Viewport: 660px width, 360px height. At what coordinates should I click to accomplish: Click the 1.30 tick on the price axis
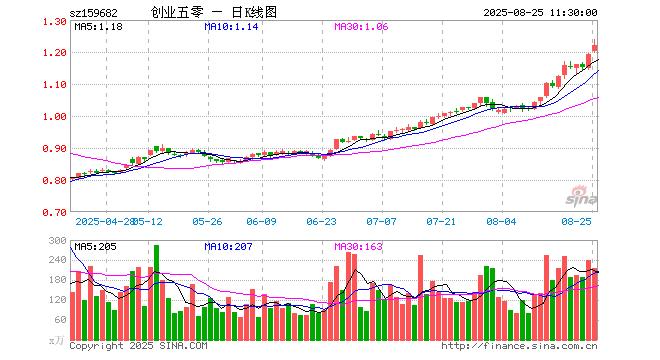tap(54, 21)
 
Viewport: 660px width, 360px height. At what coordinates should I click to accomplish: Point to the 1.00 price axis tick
tap(54, 117)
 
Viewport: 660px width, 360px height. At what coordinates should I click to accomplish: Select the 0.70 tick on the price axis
tap(54, 213)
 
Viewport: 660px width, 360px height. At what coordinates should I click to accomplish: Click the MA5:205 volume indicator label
tap(97, 246)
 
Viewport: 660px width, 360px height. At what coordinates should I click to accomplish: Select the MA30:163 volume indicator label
tap(357, 246)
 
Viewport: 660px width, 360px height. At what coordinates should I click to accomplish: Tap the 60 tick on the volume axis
tap(60, 320)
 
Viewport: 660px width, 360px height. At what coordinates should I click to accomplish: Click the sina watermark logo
tap(580, 191)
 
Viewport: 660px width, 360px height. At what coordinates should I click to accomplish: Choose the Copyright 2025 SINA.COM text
tap(139, 346)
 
